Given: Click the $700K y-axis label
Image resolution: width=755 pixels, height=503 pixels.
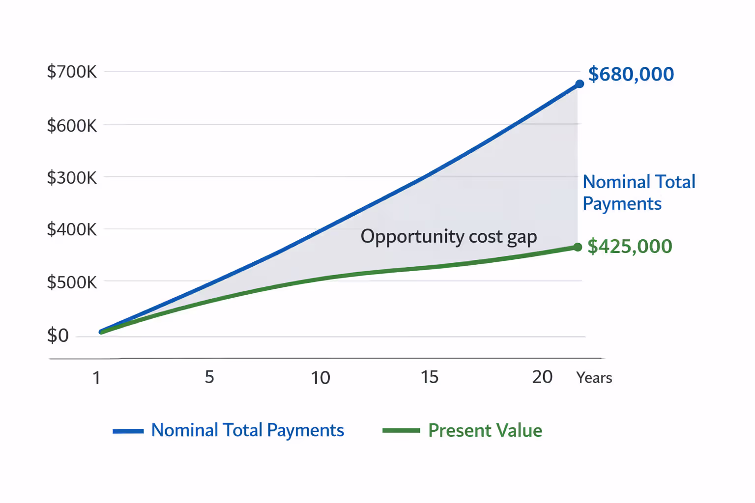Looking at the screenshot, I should (x=72, y=72).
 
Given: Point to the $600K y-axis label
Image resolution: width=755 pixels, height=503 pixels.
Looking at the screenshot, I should (x=72, y=126).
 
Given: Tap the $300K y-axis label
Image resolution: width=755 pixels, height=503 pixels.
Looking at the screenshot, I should (x=72, y=178).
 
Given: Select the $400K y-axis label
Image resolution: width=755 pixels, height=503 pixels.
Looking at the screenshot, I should (x=72, y=229).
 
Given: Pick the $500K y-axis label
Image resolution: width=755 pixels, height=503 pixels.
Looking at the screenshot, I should (x=72, y=282).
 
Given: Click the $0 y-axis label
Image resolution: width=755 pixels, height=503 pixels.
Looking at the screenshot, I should (x=58, y=336).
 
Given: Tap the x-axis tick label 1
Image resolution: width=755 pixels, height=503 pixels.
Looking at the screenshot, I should (x=96, y=378).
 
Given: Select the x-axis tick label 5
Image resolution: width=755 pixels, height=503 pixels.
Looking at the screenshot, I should (x=209, y=377).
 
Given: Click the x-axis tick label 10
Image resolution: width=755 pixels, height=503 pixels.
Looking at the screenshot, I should (x=320, y=378).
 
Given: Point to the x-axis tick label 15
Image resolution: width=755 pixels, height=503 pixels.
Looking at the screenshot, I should (x=429, y=377).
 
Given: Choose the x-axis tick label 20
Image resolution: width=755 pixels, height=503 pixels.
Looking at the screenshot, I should (x=542, y=377).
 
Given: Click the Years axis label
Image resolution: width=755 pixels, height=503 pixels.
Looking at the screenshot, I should (x=594, y=378).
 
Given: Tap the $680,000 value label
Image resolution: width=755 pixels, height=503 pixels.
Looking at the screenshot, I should (x=631, y=74).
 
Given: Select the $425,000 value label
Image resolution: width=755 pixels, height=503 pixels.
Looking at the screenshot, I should (x=630, y=246).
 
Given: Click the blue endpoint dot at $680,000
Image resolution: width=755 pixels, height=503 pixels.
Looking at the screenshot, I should (x=580, y=84).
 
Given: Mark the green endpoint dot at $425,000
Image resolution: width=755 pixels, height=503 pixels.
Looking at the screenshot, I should (x=578, y=247).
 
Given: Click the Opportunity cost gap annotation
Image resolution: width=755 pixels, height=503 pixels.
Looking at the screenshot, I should (x=448, y=237).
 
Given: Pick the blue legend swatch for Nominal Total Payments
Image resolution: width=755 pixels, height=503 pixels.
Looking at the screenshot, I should (x=128, y=431).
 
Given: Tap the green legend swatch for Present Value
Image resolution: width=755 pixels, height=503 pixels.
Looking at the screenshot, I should (x=401, y=431).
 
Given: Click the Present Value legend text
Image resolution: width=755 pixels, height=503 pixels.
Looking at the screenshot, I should (x=485, y=431).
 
